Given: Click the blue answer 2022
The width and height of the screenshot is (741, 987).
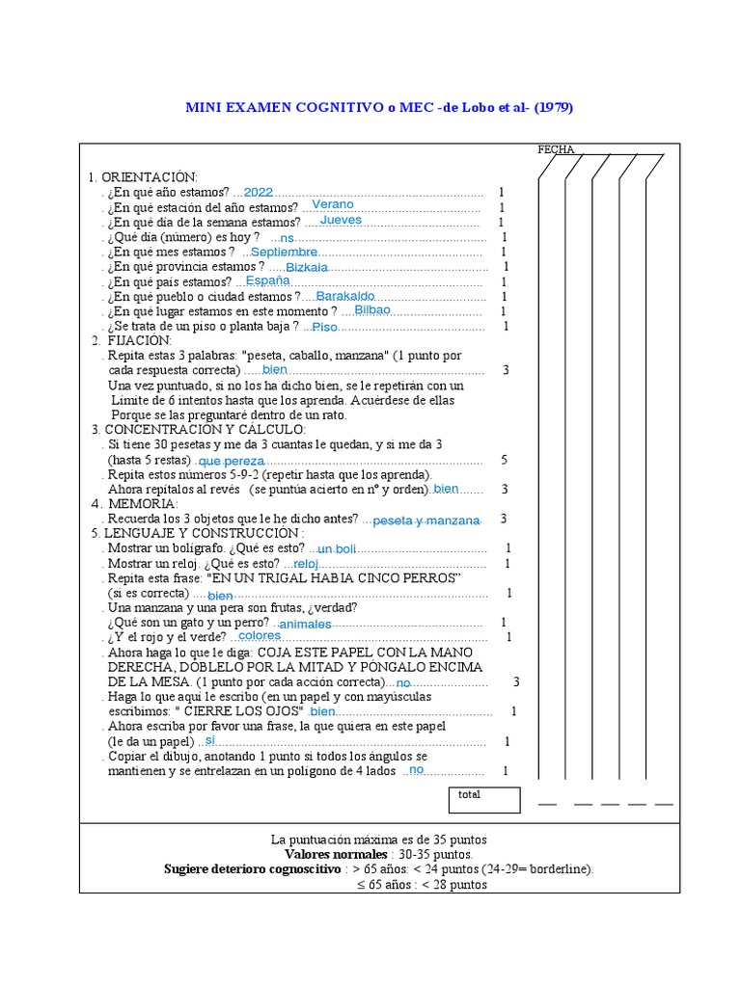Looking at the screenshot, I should point(260,192).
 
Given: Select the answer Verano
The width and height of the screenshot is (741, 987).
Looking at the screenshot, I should point(333,205).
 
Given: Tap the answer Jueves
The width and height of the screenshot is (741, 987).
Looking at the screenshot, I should point(341,220).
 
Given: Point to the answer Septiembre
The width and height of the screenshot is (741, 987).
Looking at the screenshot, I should point(284,252).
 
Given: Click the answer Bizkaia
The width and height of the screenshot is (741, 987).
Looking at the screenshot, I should point(307,267).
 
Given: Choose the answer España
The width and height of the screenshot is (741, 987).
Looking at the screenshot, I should point(267,280).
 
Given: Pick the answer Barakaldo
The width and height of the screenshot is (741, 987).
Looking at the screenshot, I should point(345,296).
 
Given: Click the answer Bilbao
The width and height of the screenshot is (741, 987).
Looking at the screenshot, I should point(372,310).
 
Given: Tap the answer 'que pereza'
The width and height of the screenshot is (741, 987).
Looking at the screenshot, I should point(231,462).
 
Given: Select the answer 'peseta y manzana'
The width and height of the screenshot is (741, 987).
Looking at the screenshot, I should point(425,520).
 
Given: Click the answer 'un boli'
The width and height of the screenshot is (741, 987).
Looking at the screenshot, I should point(337,549).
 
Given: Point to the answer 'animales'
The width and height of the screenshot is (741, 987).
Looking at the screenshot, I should point(305,624).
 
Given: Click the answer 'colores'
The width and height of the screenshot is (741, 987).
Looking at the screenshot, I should point(260,636).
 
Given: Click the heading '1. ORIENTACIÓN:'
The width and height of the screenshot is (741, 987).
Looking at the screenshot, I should point(143,177).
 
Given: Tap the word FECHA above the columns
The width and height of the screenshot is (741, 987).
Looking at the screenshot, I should point(556,149).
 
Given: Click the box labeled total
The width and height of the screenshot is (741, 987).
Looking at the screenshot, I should point(483,800).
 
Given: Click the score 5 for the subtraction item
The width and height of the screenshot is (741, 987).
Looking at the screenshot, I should point(504,460).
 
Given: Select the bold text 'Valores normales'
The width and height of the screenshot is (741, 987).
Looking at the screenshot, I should point(336,854).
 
